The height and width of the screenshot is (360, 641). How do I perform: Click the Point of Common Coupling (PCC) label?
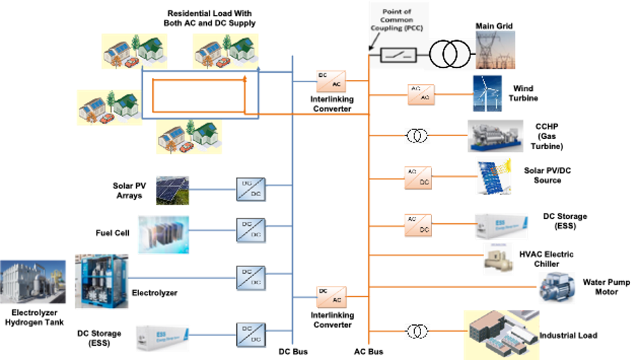pyautogui.click(x=398, y=21)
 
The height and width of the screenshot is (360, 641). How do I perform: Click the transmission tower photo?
pyautogui.click(x=495, y=49)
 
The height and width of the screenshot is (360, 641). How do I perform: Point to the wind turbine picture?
pyautogui.click(x=487, y=93)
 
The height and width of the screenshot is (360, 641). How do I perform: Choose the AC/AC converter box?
pyautogui.click(x=420, y=94)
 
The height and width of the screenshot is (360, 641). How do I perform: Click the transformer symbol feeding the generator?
pyautogui.click(x=416, y=136)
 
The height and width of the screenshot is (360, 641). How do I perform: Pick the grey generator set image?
pyautogui.click(x=495, y=136)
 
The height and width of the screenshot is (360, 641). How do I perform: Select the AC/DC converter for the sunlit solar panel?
pyautogui.click(x=418, y=177)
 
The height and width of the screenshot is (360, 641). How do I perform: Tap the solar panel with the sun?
pyautogui.click(x=492, y=175)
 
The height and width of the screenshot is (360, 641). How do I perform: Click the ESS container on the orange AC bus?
pyautogui.click(x=501, y=227)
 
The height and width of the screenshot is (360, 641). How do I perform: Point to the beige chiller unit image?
pyautogui.click(x=498, y=259)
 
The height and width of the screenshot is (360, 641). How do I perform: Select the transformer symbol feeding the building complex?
pyautogui.click(x=416, y=331)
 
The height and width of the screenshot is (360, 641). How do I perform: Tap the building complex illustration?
pyautogui.click(x=501, y=334)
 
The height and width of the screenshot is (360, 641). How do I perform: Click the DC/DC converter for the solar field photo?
pyautogui.click(x=251, y=190)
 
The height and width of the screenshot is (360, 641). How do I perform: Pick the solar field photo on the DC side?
pyautogui.click(x=173, y=190)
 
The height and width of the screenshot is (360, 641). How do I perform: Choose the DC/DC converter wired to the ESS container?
pyautogui.click(x=251, y=335)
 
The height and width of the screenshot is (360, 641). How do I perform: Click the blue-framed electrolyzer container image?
pyautogui.click(x=101, y=281)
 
